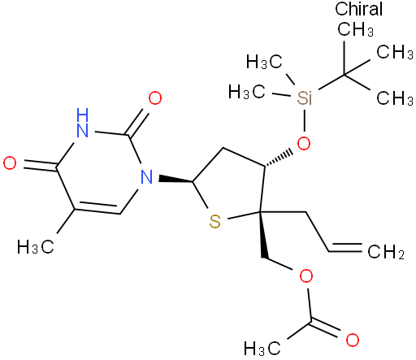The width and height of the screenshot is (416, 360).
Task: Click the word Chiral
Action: pyautogui.click(x=358, y=9)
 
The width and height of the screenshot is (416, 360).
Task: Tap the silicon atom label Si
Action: pyautogui.click(x=305, y=98)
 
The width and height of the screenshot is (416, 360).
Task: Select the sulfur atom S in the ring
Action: pyautogui.click(x=215, y=222)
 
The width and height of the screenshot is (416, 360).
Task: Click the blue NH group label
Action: pyautogui.click(x=82, y=123)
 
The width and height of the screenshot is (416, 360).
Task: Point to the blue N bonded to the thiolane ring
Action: pyautogui.click(x=146, y=177)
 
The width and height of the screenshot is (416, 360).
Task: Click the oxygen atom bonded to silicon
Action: pyautogui.click(x=304, y=143)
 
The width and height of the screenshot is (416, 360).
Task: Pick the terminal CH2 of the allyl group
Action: pyautogui.click(x=386, y=252)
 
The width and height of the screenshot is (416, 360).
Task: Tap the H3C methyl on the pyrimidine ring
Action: pyautogui.click(x=36, y=247)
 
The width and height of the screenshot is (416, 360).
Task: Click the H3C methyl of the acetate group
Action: pyautogui.click(x=262, y=348)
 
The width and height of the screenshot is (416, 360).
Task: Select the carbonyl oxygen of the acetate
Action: pyautogui.click(x=353, y=340)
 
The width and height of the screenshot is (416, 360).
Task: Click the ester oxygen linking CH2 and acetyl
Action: pyautogui.click(x=306, y=276)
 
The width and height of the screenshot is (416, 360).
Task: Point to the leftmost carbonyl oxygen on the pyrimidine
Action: pyautogui.click(x=10, y=163)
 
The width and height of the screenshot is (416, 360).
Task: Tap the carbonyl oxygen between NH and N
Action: pyautogui.click(x=155, y=98)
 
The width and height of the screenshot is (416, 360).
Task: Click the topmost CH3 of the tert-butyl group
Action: pyautogui.click(x=355, y=28)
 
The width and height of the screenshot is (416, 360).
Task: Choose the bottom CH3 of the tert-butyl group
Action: pyautogui.click(x=395, y=98)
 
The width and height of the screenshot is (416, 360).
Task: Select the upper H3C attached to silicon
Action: pyautogui.click(x=265, y=62)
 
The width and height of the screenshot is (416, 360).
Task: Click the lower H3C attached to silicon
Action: pyautogui.click(x=247, y=91)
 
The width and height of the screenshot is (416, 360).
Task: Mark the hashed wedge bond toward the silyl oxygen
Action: pyautogui.click(x=278, y=158)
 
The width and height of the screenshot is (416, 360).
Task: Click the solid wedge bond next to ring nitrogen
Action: pyautogui.click(x=175, y=180)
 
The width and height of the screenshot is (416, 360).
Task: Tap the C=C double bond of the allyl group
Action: pyautogui.click(x=345, y=247)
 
